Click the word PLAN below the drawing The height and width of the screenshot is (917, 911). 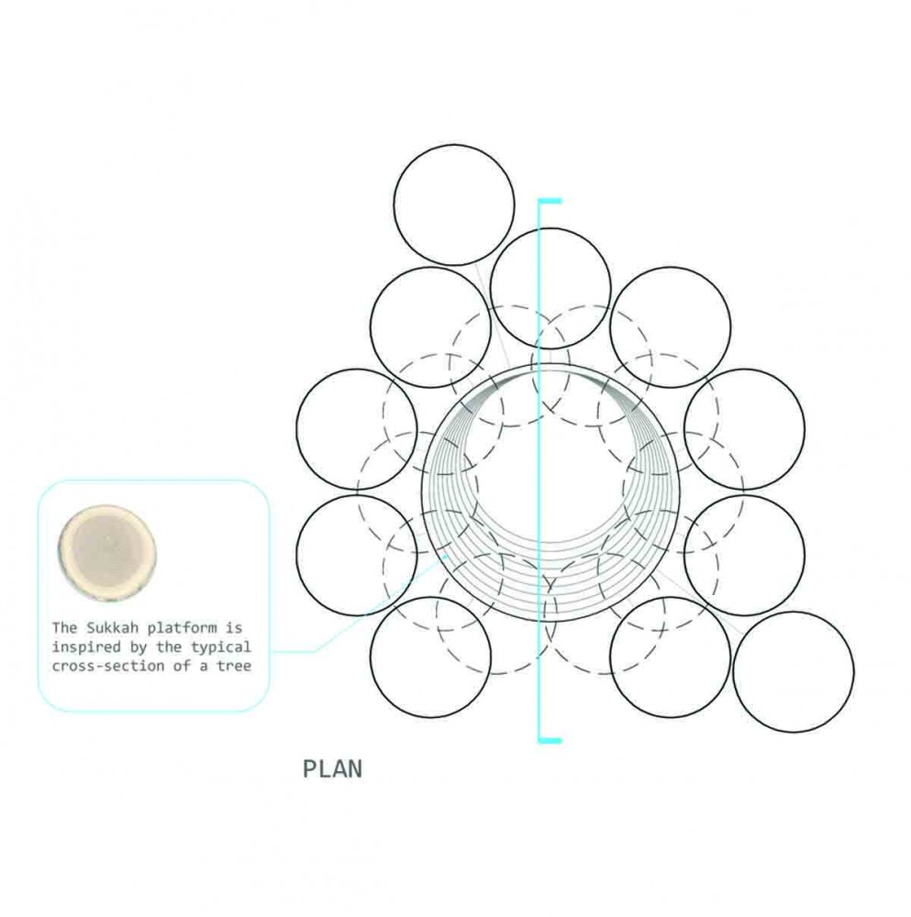pyautogui.click(x=332, y=768)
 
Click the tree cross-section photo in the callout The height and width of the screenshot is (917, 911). pyautogui.click(x=107, y=551)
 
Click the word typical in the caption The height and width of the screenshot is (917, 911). pyautogui.click(x=221, y=647)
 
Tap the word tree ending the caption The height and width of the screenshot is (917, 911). pyautogui.click(x=234, y=666)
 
